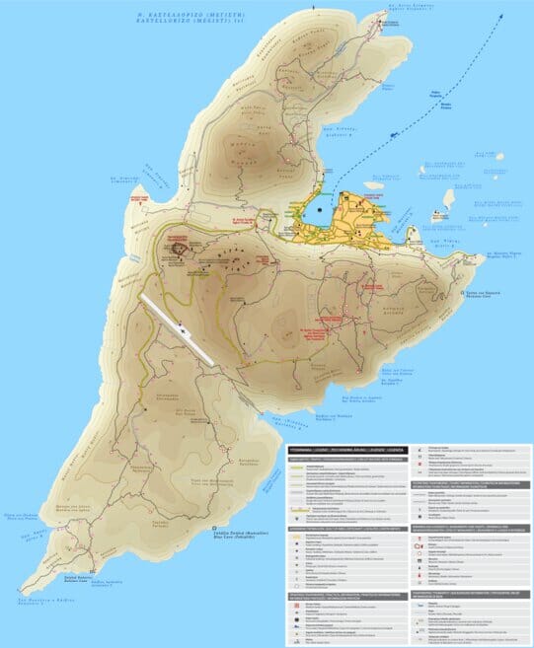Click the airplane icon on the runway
point(186,333)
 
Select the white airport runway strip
point(178,325)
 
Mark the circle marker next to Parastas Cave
point(465,293)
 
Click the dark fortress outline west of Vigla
point(182,249)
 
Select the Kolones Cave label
point(406,372)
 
